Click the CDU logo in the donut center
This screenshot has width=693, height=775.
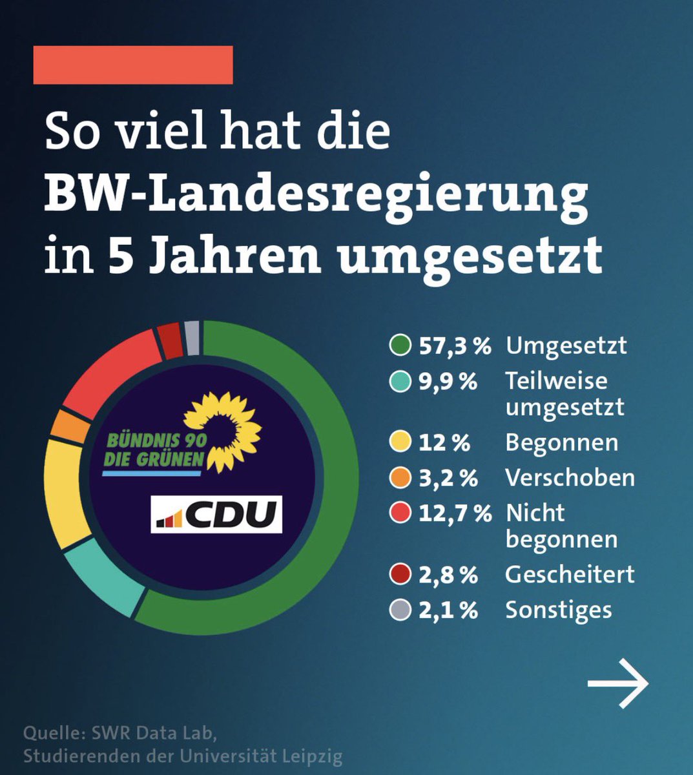[x=216, y=514]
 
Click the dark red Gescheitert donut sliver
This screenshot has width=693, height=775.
[x=171, y=341]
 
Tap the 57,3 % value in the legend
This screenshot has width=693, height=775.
[x=455, y=346]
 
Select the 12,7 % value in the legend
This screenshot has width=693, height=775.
[x=455, y=513]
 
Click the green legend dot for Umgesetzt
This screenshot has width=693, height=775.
[x=400, y=346]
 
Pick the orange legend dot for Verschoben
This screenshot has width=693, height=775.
[x=400, y=478]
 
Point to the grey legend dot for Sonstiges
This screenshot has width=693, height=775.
[x=400, y=610]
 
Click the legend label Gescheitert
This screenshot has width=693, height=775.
[x=570, y=574]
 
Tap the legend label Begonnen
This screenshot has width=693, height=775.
[x=561, y=443]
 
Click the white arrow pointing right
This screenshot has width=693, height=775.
[x=617, y=683]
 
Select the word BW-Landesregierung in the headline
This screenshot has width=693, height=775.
[x=316, y=193]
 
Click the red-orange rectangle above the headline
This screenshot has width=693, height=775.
[x=133, y=65]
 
